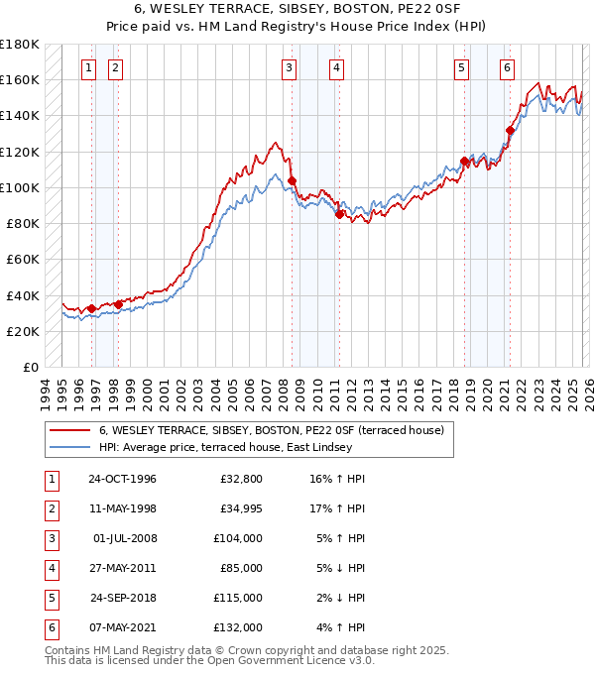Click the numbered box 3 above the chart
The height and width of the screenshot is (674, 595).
click(x=289, y=68)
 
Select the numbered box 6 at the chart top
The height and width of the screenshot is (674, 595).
click(x=507, y=68)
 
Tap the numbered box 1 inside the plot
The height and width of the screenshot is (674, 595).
click(x=89, y=68)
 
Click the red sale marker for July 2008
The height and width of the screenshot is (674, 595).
click(x=292, y=180)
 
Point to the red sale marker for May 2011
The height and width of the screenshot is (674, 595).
click(x=339, y=214)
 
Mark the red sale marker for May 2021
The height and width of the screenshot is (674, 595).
click(x=510, y=130)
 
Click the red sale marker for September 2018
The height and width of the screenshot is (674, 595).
click(x=464, y=161)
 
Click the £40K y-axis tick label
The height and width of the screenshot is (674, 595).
click(x=23, y=295)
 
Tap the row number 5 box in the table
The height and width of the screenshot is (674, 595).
click(x=50, y=599)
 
